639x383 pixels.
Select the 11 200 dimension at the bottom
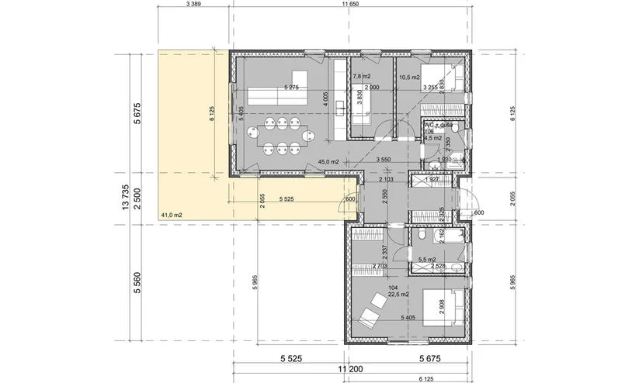click(x=354, y=371)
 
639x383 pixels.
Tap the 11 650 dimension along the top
click(x=354, y=5)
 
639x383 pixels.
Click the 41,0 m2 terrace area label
click(x=172, y=214)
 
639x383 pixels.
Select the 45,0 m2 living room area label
click(x=329, y=161)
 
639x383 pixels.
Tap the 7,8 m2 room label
click(x=362, y=77)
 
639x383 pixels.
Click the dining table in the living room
click(x=279, y=137)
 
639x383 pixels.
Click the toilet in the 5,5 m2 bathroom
click(x=419, y=236)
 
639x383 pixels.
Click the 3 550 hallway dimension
click(x=383, y=158)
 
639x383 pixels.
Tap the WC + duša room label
click(x=437, y=125)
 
